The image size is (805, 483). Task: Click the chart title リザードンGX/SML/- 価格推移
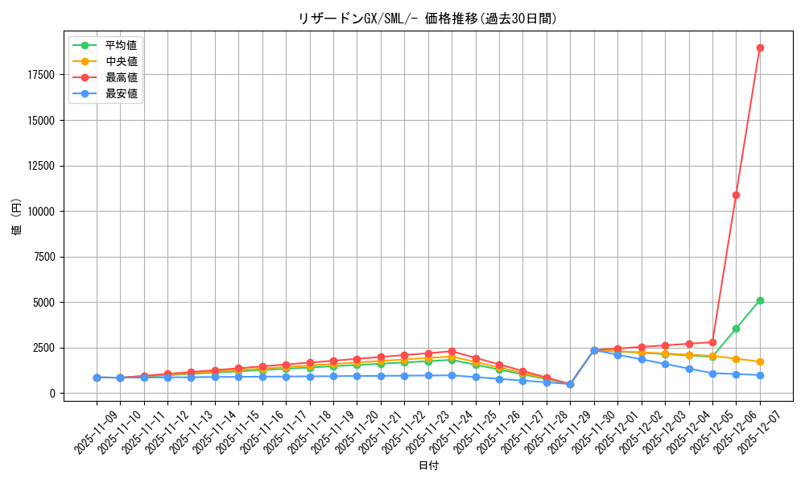(427, 19)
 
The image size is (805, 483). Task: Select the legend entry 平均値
(122, 45)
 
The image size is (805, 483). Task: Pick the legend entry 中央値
(122, 61)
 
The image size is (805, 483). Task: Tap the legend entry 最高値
(122, 77)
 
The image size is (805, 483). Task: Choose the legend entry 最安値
(122, 93)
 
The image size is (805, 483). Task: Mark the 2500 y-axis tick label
(43, 348)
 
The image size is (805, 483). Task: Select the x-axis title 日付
(428, 466)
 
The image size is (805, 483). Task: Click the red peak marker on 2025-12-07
(760, 47)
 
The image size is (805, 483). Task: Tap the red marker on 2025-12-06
(736, 195)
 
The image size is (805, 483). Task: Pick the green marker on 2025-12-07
(760, 300)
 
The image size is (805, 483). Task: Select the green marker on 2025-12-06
(736, 328)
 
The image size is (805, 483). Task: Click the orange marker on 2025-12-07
(760, 362)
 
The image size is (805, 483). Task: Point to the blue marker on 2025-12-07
(760, 375)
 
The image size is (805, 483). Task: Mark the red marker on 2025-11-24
(452, 352)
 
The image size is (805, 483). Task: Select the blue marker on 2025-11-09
(97, 378)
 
